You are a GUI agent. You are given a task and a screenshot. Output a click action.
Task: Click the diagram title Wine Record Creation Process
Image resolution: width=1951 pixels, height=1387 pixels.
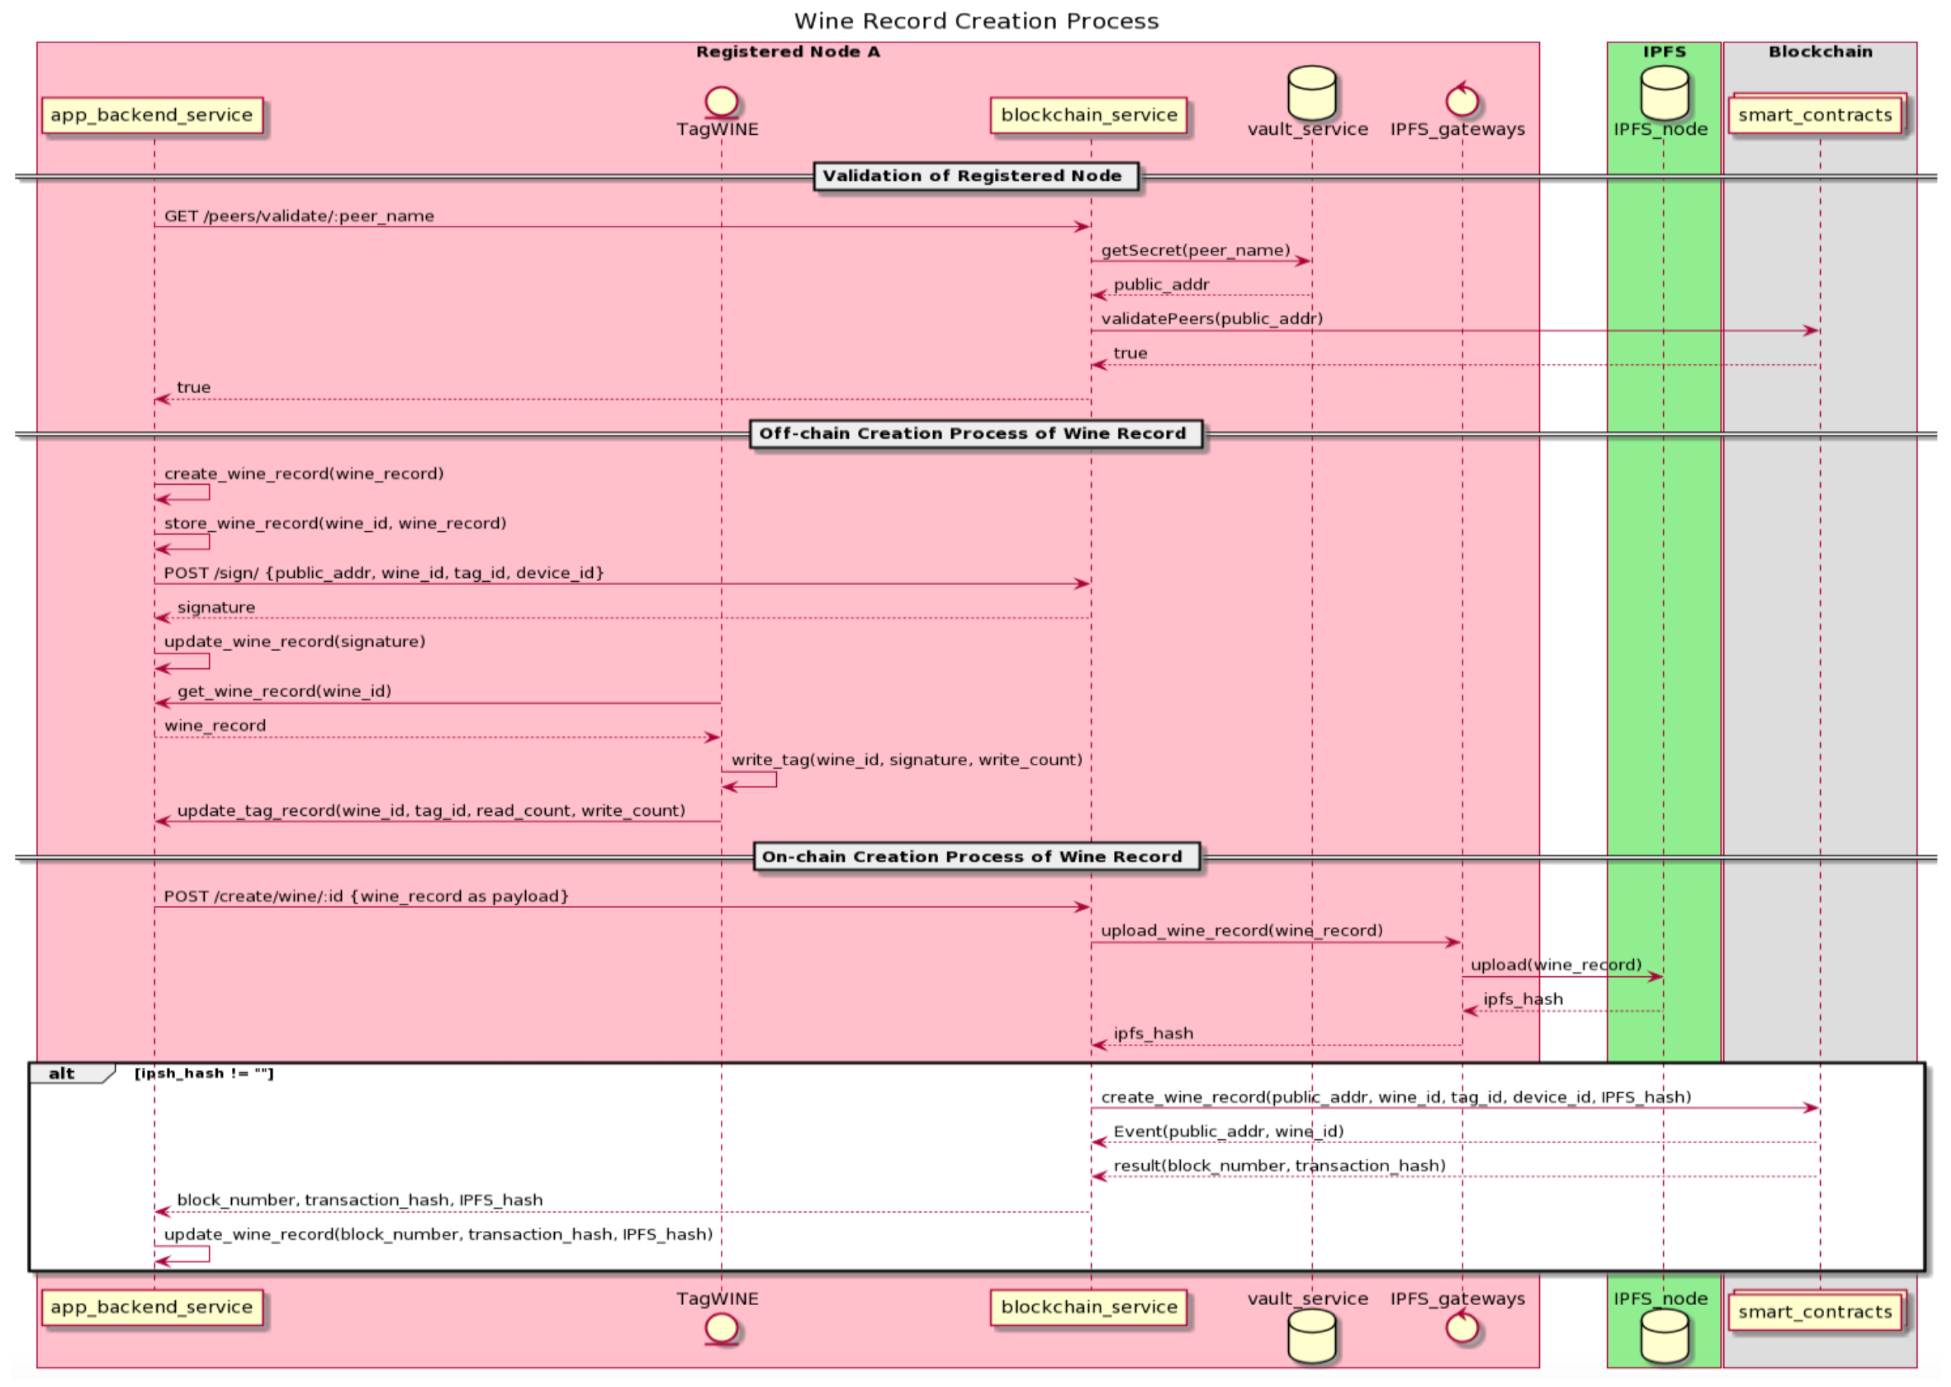point(976,21)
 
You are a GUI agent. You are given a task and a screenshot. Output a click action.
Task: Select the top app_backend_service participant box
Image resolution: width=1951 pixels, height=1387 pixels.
point(152,115)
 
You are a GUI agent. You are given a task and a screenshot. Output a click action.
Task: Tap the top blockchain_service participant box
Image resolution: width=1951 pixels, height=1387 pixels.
point(1088,115)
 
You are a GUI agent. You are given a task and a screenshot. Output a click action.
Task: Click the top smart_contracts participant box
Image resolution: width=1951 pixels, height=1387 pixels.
point(1815,115)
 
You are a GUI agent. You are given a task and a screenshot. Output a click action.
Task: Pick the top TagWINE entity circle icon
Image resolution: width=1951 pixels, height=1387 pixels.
point(721,101)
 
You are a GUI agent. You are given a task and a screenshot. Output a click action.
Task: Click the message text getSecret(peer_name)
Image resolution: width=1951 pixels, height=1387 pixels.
point(1195,250)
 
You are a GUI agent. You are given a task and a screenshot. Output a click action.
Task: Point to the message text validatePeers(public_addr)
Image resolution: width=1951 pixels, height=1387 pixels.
point(1211,318)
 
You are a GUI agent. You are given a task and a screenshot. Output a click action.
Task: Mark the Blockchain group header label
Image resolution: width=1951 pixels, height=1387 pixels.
point(1820,52)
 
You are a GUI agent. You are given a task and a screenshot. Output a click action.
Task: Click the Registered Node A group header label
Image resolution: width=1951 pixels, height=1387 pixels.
point(787,52)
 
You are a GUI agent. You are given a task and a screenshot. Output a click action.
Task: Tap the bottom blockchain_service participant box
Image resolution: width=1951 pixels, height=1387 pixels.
point(1088,1307)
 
